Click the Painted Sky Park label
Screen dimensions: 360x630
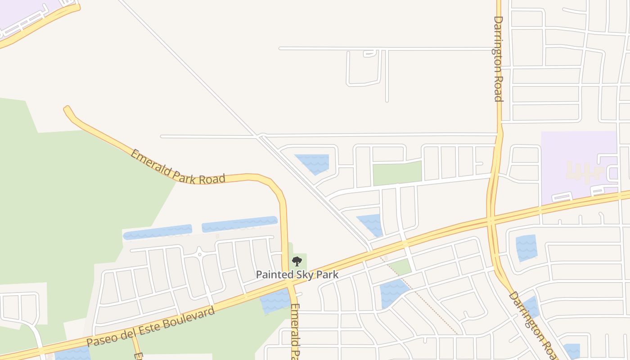coord(297,274)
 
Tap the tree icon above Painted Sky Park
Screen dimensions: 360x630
coord(297,261)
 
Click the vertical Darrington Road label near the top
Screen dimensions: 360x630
coord(498,58)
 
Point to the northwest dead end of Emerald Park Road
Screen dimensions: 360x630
coord(67,109)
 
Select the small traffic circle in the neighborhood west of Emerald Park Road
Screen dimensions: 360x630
coord(199,253)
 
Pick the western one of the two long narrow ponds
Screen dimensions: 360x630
coord(157,232)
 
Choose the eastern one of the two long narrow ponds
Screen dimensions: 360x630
coord(239,224)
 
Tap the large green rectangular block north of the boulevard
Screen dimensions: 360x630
coord(397,173)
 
